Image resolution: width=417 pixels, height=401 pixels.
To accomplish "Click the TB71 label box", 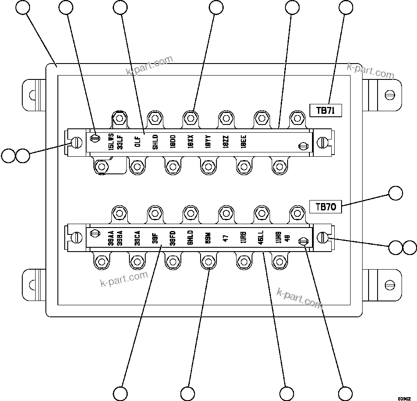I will [325, 110].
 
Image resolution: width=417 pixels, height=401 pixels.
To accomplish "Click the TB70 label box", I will [325, 207].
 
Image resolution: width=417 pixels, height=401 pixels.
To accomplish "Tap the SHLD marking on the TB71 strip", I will [155, 142].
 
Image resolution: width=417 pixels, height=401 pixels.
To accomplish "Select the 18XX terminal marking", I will [190, 142].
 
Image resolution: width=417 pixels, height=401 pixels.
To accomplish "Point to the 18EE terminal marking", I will [243, 142].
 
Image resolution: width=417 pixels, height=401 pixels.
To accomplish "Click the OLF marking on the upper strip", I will [138, 142].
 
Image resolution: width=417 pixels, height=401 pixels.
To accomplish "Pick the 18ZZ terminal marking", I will [226, 142].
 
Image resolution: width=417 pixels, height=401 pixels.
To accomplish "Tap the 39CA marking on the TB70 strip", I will [137, 237].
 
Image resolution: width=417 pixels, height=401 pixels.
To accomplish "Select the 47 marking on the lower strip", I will [226, 237].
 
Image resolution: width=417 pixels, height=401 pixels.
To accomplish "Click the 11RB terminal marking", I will [243, 237].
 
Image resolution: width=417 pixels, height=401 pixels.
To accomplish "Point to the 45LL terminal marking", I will [261, 237].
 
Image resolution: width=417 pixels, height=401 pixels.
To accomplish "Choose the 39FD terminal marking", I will [172, 237].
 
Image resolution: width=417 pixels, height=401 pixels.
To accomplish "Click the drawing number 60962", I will [404, 398].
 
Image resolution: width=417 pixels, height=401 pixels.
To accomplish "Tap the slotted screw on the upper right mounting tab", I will [390, 94].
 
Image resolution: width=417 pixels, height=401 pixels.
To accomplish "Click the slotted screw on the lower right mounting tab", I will [390, 284].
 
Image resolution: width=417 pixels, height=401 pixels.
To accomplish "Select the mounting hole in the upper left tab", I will [31, 94].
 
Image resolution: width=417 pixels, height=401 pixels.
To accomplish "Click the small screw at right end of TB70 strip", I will [303, 242].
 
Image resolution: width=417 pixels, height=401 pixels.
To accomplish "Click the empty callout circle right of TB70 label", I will [396, 193].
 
